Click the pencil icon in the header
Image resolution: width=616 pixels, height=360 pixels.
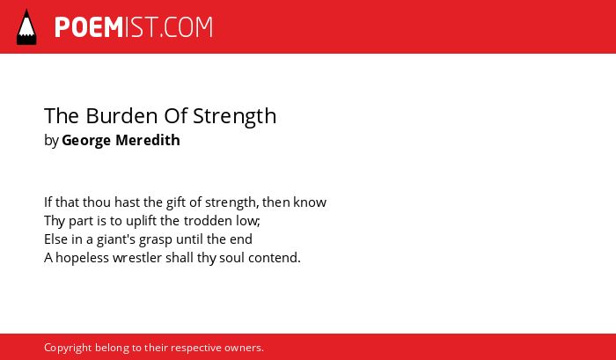tap(26, 26)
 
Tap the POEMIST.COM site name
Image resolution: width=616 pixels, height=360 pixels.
tap(134, 27)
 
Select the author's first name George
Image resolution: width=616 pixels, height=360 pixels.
tap(85, 141)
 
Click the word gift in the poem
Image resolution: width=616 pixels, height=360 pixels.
tap(176, 202)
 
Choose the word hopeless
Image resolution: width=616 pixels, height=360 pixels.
tap(83, 258)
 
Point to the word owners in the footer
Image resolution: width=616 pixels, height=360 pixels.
tap(244, 348)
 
